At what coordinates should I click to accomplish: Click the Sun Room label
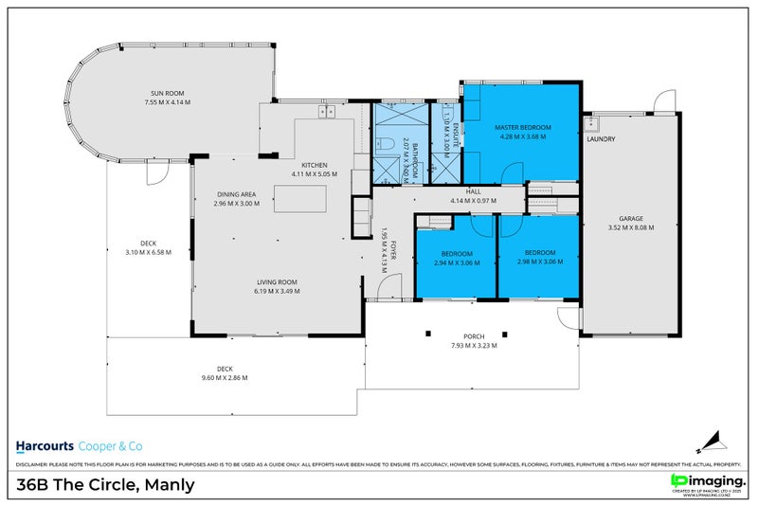pos(168,93)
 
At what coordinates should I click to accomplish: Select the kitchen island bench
pos(299,200)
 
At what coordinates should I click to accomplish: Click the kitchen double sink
pos(328,112)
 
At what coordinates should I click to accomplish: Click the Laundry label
pos(601,139)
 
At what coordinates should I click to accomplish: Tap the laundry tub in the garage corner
pos(595,123)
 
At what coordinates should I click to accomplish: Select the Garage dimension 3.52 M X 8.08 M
pos(630,227)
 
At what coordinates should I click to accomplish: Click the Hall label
pos(460,190)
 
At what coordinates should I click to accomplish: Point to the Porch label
pos(474,336)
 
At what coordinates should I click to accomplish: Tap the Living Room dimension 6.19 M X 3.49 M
pos(277,291)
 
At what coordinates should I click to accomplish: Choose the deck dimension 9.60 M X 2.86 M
pos(225,378)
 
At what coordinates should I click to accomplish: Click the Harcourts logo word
pos(45,446)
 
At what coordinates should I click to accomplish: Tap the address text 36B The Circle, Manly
pos(106,485)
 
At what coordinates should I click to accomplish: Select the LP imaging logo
pos(706,480)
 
